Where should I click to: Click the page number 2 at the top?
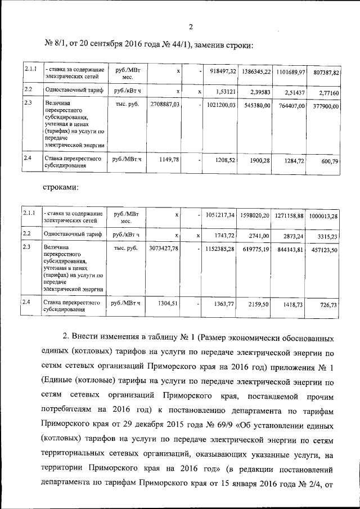tap(191, 27)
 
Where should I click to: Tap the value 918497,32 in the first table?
tap(223, 73)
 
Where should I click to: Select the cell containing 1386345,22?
tap(256, 73)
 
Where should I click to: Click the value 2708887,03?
tap(165, 105)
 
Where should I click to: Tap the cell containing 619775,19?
tap(256, 248)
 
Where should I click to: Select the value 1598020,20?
tap(256, 215)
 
